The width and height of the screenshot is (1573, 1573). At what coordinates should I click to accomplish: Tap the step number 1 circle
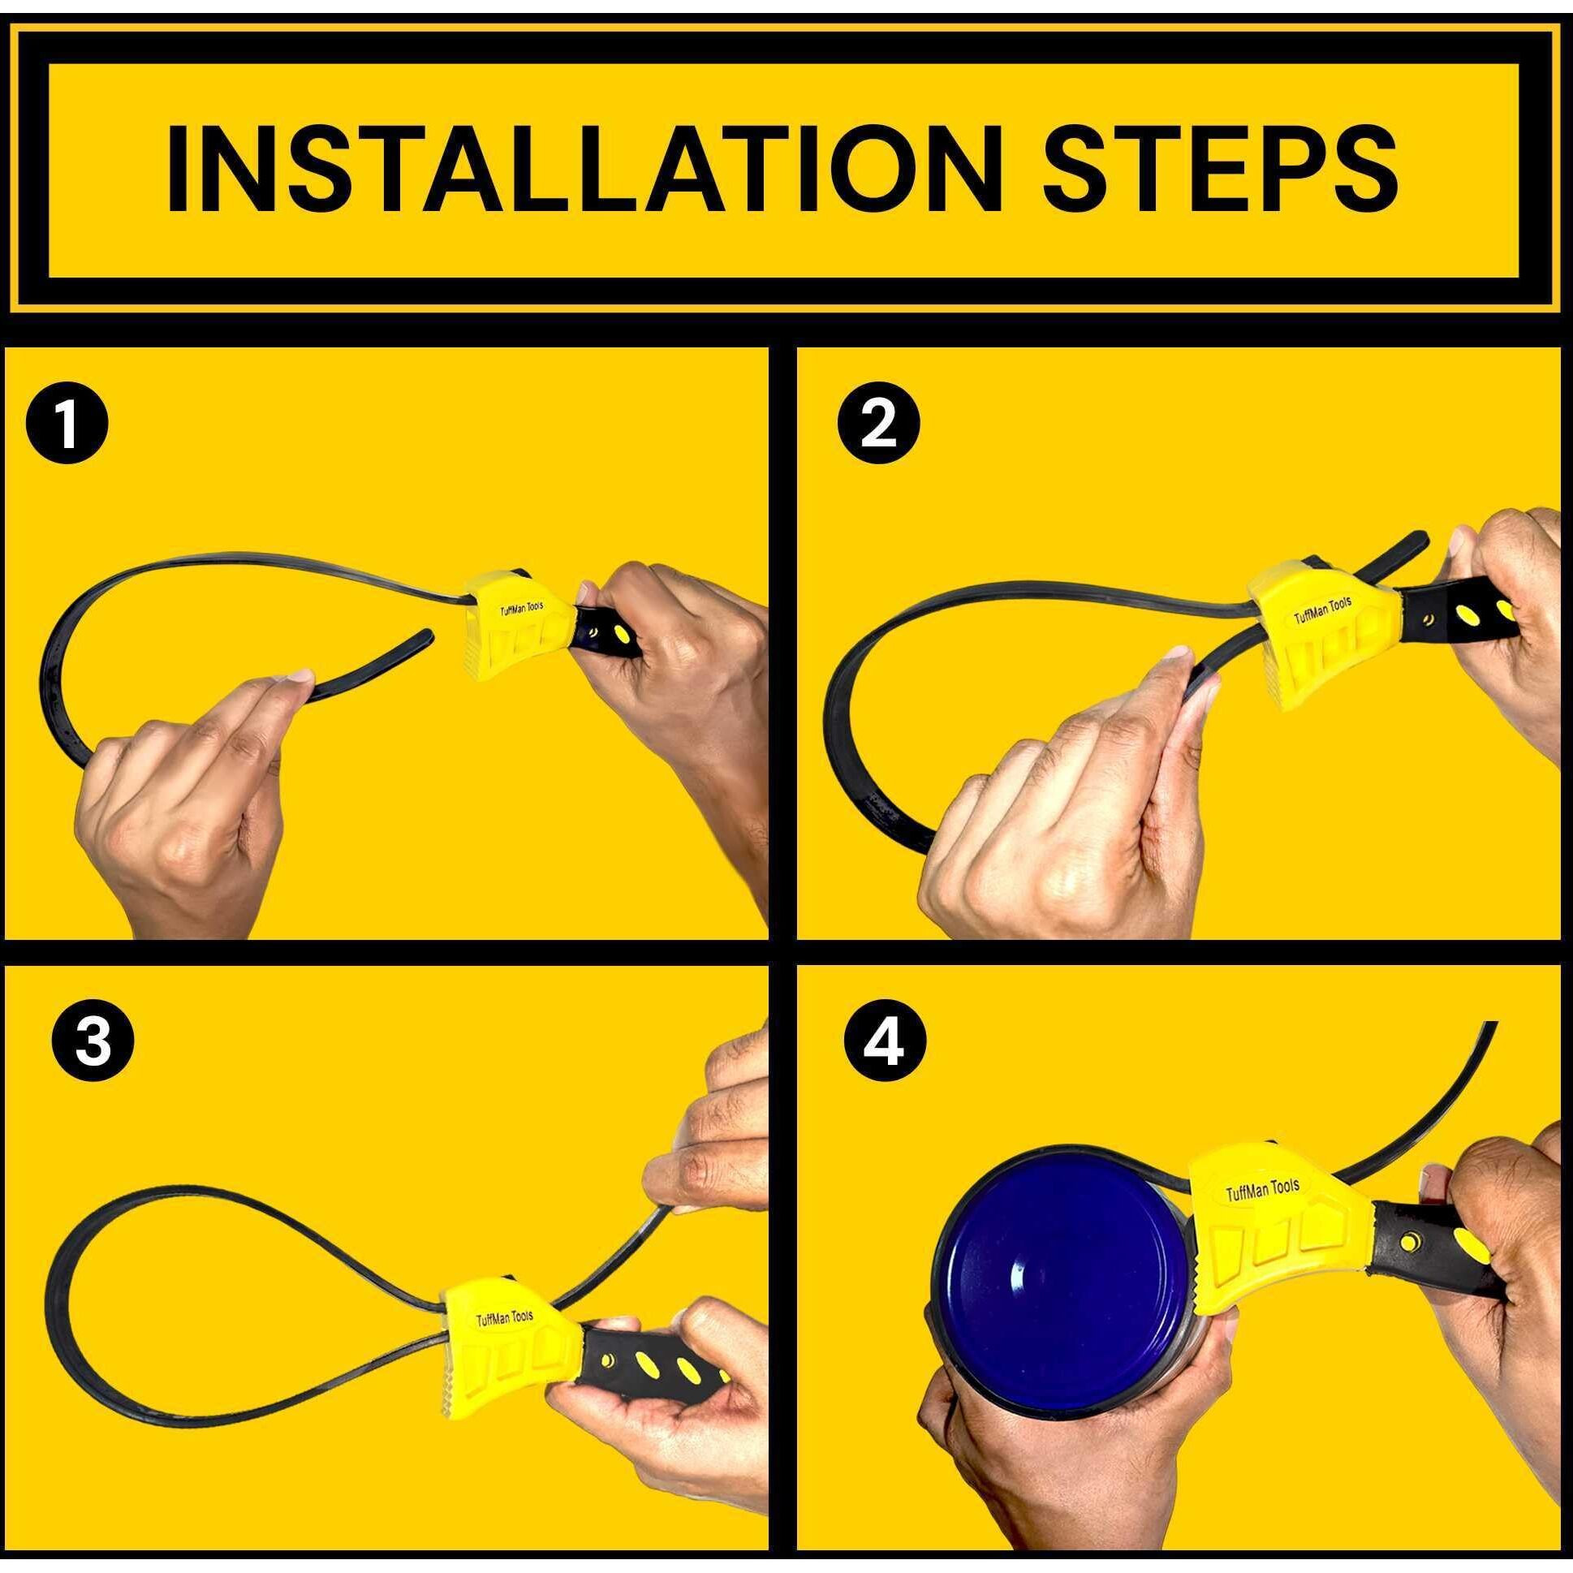[x=68, y=426]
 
